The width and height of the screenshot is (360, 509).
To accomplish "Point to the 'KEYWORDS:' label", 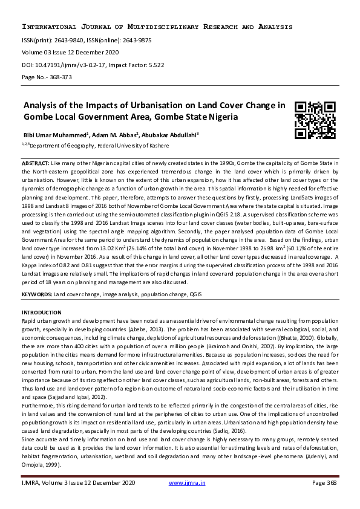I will point(37,293).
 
